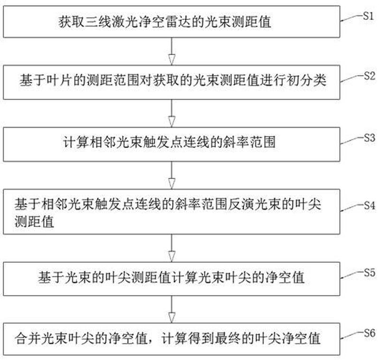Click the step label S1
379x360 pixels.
[369, 16]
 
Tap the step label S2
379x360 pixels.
[370, 76]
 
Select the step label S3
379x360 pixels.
[370, 138]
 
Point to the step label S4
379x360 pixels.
[370, 205]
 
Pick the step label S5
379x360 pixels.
[370, 273]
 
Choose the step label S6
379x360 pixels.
[370, 333]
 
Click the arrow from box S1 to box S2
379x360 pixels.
[172, 51]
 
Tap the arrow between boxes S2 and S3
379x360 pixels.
[172, 113]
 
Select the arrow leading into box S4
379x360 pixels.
[172, 175]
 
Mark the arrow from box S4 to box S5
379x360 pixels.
[172, 248]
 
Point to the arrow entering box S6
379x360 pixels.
[172, 309]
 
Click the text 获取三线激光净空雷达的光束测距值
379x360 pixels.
[165, 22]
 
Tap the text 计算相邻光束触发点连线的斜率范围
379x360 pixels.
[169, 142]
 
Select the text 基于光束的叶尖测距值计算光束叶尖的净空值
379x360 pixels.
[171, 277]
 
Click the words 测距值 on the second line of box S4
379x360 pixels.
[34, 221]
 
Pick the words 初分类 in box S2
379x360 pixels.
[306, 80]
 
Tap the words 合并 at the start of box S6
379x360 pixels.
[28, 338]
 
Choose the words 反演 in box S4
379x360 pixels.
[241, 204]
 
